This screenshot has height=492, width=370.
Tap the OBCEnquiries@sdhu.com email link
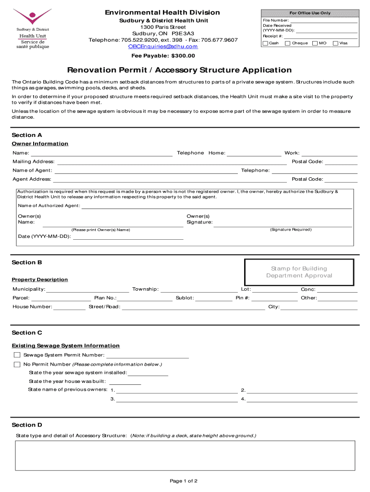(162, 47)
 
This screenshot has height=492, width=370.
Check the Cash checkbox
(265, 43)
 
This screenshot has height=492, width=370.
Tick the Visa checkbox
(335, 43)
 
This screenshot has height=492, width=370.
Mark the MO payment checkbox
(315, 43)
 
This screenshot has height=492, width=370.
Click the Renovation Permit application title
(179, 70)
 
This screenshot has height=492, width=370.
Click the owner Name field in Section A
(101, 153)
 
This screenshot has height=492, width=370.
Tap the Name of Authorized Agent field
(216, 206)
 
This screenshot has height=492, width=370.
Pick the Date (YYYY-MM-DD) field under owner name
(128, 236)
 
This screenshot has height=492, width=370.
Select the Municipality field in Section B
(87, 289)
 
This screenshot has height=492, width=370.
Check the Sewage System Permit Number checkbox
(17, 355)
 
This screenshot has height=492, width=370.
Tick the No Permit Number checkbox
(17, 365)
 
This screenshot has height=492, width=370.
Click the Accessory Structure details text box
(185, 455)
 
